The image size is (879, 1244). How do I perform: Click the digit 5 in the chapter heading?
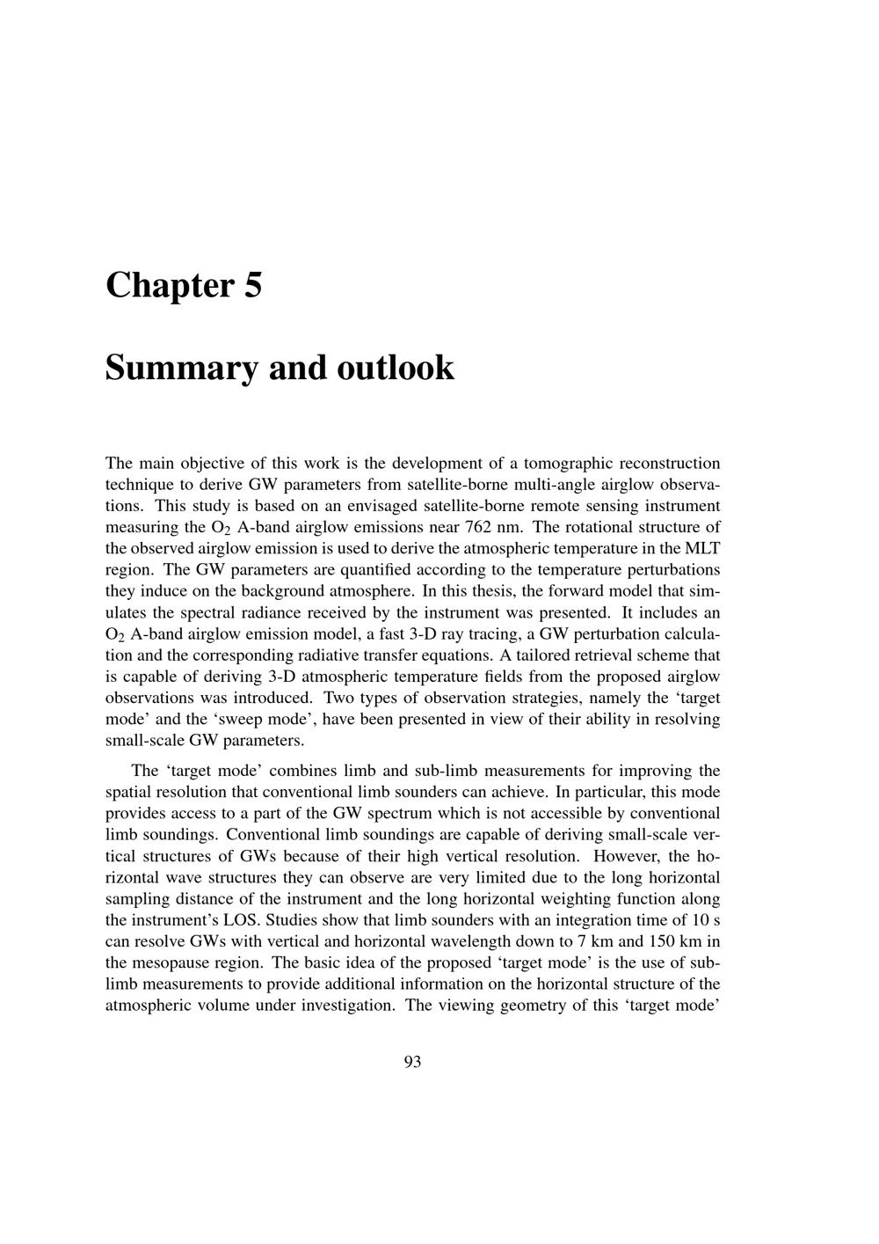click(253, 286)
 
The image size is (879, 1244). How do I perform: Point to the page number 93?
click(413, 1062)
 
